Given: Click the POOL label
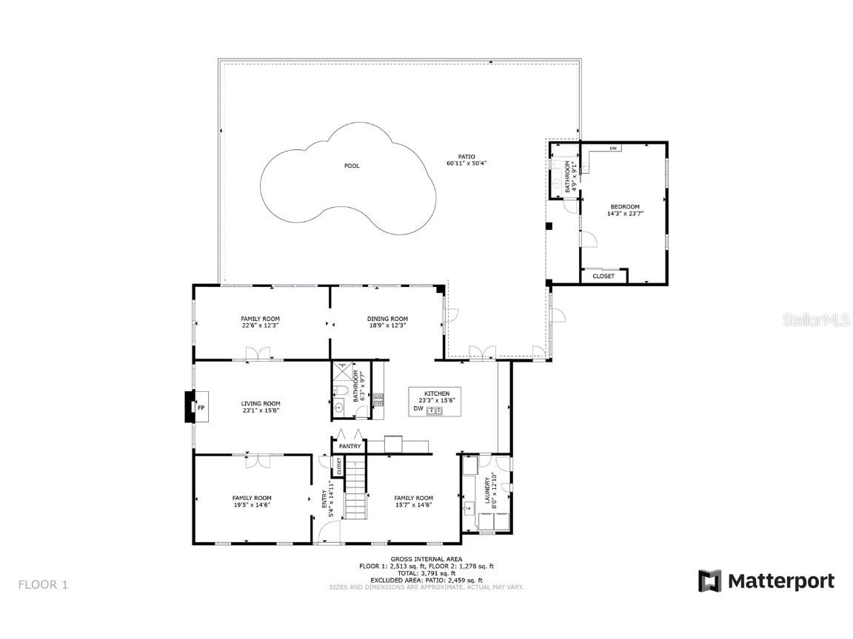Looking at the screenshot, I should (352, 166).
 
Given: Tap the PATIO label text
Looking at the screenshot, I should (466, 156).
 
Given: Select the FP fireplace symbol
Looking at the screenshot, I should (200, 408).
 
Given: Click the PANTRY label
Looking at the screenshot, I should (349, 447).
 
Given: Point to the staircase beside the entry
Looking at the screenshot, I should (357, 488).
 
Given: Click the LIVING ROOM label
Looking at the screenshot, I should (261, 403).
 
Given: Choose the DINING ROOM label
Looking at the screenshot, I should (387, 319).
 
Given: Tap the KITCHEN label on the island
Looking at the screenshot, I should (436, 393).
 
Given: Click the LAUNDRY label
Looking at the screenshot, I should (487, 490).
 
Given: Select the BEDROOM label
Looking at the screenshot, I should (624, 206).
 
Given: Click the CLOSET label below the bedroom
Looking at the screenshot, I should (603, 276).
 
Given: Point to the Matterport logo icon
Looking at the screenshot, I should (709, 581).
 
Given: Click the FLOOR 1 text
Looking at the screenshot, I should (43, 584).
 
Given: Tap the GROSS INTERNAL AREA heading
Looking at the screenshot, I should (426, 559).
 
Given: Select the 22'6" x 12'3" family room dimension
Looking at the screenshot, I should (259, 325).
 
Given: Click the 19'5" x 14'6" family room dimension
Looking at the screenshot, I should (252, 504).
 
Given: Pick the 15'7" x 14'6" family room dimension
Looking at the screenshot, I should (413, 504).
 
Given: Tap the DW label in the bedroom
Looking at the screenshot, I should (613, 149).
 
